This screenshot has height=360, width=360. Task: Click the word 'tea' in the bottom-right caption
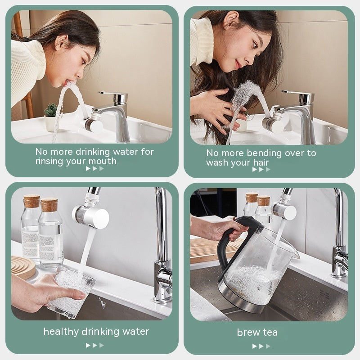coord(270,333)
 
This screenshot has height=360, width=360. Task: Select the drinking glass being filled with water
coord(71,290)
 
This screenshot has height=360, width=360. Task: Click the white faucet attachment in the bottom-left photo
coord(92,216)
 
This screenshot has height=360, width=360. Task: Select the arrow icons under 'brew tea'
coord(261,346)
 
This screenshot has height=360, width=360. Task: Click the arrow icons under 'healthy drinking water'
coord(94,345)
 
